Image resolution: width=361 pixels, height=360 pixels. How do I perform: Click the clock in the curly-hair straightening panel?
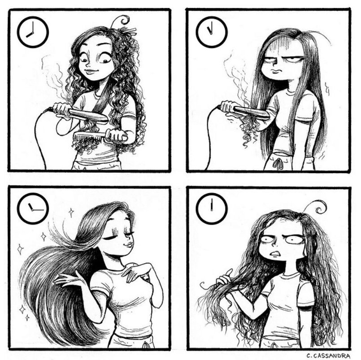(x=33, y=32)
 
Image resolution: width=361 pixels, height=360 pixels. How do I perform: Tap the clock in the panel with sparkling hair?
(x=33, y=209)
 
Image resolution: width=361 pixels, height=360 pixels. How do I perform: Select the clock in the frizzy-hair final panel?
(x=212, y=209)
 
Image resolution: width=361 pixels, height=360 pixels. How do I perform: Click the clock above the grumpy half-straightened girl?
(x=212, y=32)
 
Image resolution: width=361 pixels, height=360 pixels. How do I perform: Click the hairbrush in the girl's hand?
(x=100, y=136)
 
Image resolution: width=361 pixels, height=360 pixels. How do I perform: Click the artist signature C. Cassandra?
(x=328, y=356)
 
